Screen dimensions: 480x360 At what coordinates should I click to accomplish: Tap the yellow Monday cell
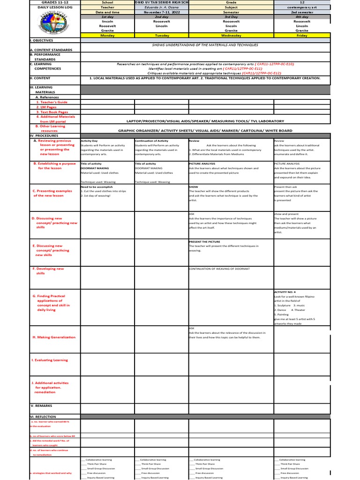(x=108, y=35)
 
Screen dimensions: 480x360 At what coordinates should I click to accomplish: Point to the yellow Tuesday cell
(x=161, y=35)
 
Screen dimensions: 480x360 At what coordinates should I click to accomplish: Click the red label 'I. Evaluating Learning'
(x=50, y=360)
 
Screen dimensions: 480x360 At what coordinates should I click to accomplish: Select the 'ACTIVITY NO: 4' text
(x=285, y=292)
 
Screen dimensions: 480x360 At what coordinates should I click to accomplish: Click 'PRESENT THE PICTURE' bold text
(x=204, y=242)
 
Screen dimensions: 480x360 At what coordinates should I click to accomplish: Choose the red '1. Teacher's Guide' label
(x=52, y=102)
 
